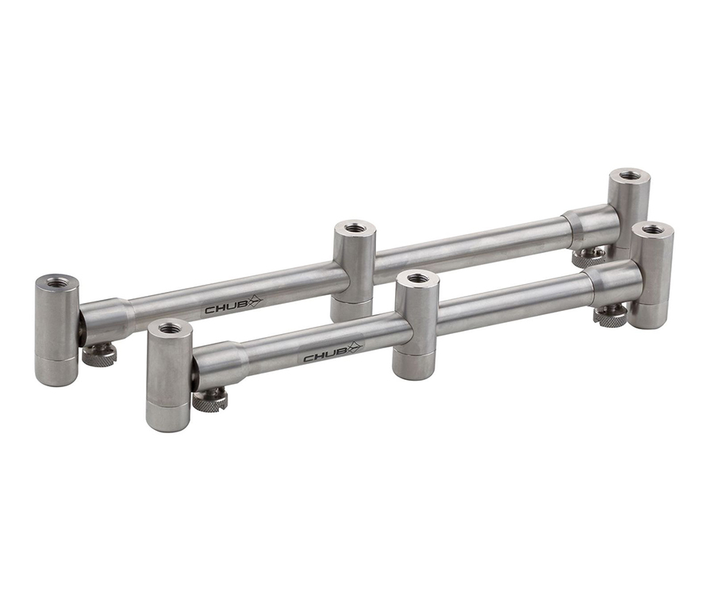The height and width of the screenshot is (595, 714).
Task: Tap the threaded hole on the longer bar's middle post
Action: (353, 226)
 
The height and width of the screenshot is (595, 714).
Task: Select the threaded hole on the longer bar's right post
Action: (630, 175)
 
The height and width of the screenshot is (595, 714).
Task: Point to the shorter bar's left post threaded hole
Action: (168, 327)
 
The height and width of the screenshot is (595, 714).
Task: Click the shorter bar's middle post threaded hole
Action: (416, 277)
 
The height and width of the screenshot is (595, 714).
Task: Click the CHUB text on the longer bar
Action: (223, 309)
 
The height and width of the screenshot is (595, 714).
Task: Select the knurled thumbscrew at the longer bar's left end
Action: (99, 355)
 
